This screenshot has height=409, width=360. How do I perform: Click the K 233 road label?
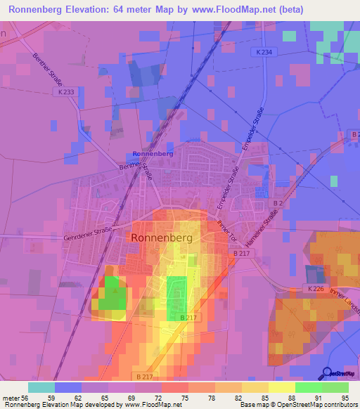67,91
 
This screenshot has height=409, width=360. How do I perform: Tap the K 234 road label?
265,51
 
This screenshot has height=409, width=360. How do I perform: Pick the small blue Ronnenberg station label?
153,153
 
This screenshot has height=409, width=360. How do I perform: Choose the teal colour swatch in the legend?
41,387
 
